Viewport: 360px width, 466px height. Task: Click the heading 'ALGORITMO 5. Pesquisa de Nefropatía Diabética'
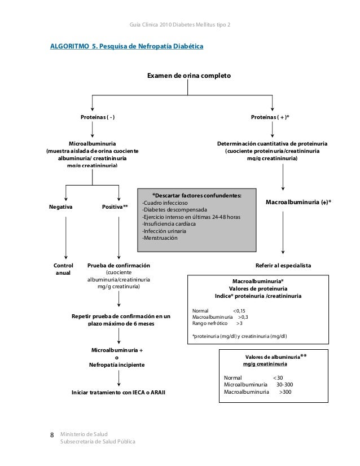[127, 45]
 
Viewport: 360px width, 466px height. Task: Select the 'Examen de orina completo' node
[188, 75]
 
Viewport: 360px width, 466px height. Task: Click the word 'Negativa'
[61, 207]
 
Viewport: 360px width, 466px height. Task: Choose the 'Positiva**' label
[115, 207]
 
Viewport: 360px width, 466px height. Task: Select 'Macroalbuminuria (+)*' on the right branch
[298, 201]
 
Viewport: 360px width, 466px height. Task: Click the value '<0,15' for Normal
[239, 310]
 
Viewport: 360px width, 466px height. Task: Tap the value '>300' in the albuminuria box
[286, 392]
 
